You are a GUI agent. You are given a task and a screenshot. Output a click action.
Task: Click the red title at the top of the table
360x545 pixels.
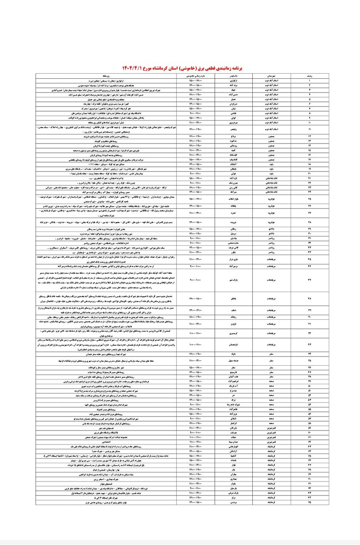click(180, 68)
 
